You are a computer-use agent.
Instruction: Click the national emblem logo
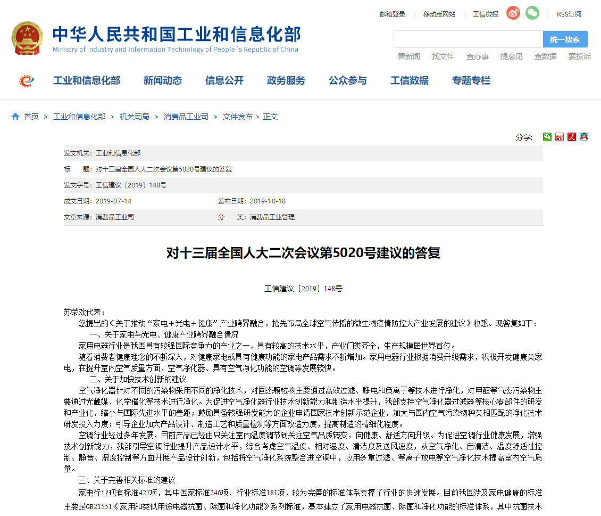point(28,38)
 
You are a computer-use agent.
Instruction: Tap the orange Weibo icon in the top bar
point(513,13)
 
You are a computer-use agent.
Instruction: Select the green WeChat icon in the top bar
point(532,13)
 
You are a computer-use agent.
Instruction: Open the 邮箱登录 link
point(393,14)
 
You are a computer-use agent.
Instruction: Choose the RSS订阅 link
point(569,14)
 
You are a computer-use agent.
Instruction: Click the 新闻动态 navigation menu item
point(163,80)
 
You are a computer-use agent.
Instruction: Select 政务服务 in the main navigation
point(286,80)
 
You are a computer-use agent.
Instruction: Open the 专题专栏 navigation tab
point(471,80)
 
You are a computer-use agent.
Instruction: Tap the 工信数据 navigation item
point(410,80)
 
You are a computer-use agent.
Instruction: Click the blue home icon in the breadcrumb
point(15,117)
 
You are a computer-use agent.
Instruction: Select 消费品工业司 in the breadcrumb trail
point(186,117)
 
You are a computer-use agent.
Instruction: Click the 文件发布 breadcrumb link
point(237,117)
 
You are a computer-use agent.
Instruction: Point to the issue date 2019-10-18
point(268,201)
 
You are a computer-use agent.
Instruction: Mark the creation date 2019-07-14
point(113,201)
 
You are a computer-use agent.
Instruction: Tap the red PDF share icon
point(572,137)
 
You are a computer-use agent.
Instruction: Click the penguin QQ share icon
point(584,137)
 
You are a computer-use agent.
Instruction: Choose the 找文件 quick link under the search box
point(443,56)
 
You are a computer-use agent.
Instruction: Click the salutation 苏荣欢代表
point(84,312)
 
